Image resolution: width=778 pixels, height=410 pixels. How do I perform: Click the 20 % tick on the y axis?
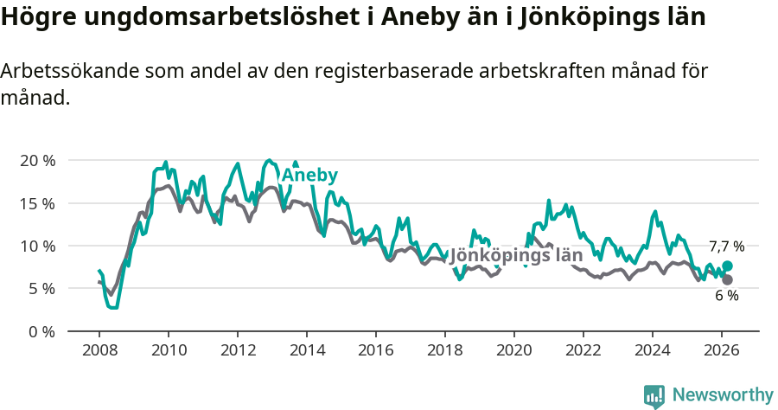tap(36, 161)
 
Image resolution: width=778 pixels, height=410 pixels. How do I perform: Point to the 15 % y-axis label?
tap(36, 203)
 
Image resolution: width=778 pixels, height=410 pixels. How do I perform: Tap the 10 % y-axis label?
tap(36, 246)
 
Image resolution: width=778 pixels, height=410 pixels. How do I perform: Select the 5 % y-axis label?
tap(41, 288)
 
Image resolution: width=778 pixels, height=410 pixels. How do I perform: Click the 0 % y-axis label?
tap(41, 331)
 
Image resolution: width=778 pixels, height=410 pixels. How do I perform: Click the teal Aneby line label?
tap(309, 176)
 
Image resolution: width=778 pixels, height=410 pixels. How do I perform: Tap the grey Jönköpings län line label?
tap(516, 256)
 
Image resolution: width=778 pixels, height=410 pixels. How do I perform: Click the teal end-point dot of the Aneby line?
tap(727, 266)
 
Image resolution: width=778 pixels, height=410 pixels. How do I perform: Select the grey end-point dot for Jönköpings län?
tap(727, 279)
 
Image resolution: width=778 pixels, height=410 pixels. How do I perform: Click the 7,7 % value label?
tap(726, 247)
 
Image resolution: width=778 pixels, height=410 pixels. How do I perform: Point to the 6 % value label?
tap(726, 296)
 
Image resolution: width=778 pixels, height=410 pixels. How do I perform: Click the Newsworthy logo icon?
tap(654, 396)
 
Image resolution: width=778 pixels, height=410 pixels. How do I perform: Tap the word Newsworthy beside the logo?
tap(723, 395)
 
